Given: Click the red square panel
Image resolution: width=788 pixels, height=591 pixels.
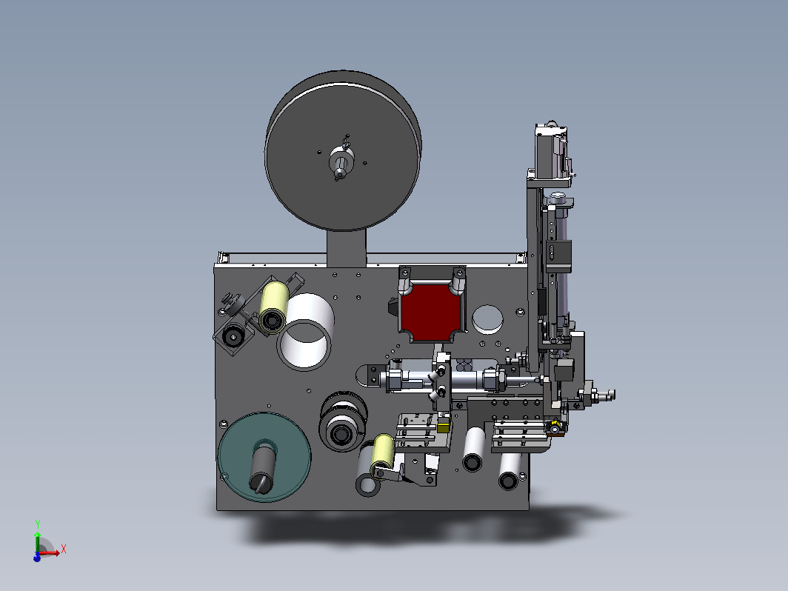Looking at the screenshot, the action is tap(431, 312).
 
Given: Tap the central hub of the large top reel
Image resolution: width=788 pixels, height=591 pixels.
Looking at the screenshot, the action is tap(341, 161).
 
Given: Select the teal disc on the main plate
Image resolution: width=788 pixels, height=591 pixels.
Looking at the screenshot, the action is tap(264, 457).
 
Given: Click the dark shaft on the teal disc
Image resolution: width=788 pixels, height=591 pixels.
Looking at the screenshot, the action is tap(263, 467).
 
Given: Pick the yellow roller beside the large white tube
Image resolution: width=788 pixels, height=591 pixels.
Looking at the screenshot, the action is tap(273, 307).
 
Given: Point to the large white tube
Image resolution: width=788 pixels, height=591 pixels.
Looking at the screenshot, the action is tap(306, 332).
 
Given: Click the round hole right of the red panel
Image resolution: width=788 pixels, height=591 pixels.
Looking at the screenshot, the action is tap(487, 319).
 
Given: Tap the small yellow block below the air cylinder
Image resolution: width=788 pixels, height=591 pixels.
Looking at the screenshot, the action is tap(443, 427).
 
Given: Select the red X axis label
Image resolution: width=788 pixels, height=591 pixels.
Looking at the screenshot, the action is tap(64, 549).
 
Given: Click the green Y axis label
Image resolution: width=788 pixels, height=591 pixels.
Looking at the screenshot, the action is tap(38, 524).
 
